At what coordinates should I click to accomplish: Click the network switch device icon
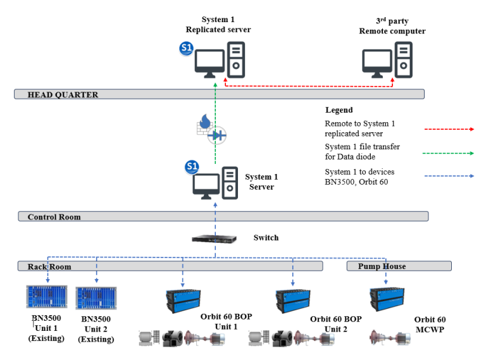tap(215, 239)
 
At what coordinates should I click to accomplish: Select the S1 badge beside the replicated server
tap(187, 48)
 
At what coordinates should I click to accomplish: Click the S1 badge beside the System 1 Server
tap(192, 167)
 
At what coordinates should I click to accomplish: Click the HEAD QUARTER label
tap(63, 95)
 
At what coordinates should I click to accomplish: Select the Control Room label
tap(54, 217)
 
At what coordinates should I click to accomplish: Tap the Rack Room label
tap(49, 266)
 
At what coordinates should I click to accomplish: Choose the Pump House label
tap(382, 266)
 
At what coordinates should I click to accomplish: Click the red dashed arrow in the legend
tap(449, 128)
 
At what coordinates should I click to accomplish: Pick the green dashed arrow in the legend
tap(449, 152)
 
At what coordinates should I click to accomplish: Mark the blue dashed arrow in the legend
tap(449, 176)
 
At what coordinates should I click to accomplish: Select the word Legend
tap(339, 110)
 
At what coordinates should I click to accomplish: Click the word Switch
tap(266, 238)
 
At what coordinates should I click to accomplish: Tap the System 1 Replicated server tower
tap(236, 60)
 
